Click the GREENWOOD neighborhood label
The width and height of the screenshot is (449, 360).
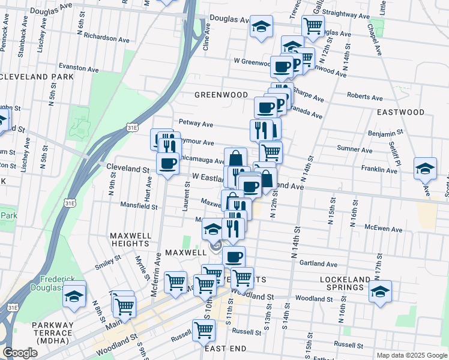[x=221, y=95]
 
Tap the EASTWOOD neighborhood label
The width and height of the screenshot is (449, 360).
[x=400, y=112]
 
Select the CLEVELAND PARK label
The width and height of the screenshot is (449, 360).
[x=37, y=77]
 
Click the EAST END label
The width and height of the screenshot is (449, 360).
[x=226, y=349]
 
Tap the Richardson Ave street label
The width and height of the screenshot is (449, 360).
[x=107, y=38]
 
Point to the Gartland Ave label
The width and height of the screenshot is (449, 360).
[x=319, y=263]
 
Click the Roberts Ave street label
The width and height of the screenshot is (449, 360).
[x=366, y=95]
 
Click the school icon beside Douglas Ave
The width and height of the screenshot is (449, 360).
[x=262, y=26]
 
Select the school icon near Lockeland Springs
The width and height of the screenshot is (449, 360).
[x=380, y=292]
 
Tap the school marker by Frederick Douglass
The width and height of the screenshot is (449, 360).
[x=74, y=296]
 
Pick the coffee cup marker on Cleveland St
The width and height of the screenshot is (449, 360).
[x=168, y=163]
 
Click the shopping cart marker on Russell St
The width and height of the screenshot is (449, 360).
[x=204, y=329]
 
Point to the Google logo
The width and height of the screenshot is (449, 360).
[x=20, y=352]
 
